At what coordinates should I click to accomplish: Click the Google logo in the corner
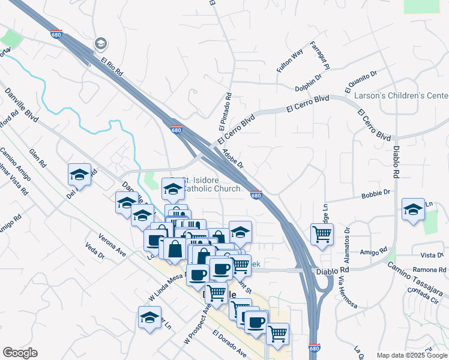20,353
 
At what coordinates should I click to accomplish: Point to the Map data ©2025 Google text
412,355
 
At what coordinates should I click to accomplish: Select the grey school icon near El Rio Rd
100,43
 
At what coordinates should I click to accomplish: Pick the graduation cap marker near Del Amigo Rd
79,174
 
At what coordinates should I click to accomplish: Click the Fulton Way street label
289,62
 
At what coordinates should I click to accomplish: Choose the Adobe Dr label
232,159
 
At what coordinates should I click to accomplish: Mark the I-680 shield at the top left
56,34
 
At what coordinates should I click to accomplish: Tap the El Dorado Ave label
229,343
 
